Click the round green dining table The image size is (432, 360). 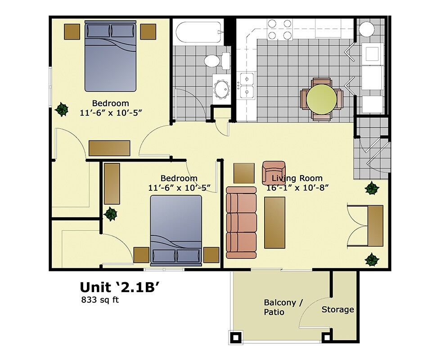click(x=321, y=99)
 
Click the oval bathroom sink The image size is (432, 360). click(x=221, y=90)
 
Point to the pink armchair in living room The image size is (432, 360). click(x=273, y=172)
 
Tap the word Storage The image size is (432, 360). click(x=337, y=310)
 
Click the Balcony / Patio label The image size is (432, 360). click(x=279, y=307)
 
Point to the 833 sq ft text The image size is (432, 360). click(x=99, y=300)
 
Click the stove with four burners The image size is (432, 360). click(x=279, y=29)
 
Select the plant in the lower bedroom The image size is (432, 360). click(x=110, y=214)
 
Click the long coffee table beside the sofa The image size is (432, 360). click(x=274, y=222)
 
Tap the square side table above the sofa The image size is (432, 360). click(x=244, y=173)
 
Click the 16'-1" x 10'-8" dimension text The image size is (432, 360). click(x=295, y=188)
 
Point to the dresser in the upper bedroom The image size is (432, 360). click(x=109, y=148)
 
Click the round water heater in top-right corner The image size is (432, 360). click(x=366, y=30)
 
